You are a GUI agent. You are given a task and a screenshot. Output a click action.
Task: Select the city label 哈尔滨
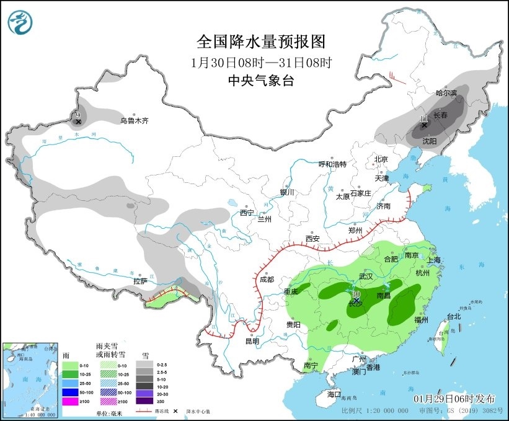pyautogui.click(x=446, y=93)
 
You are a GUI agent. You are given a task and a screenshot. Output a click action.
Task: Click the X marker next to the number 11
pyautogui.click(x=424, y=125)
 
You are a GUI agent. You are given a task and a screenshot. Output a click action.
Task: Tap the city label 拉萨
pyautogui.click(x=140, y=281)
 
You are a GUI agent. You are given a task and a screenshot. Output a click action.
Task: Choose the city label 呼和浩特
pyautogui.click(x=332, y=164)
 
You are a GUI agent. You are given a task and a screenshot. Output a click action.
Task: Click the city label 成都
pyautogui.click(x=267, y=280)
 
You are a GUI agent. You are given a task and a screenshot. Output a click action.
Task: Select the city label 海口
pyautogui.click(x=334, y=394)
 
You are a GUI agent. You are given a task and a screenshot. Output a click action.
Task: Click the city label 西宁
pyautogui.click(x=247, y=213)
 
